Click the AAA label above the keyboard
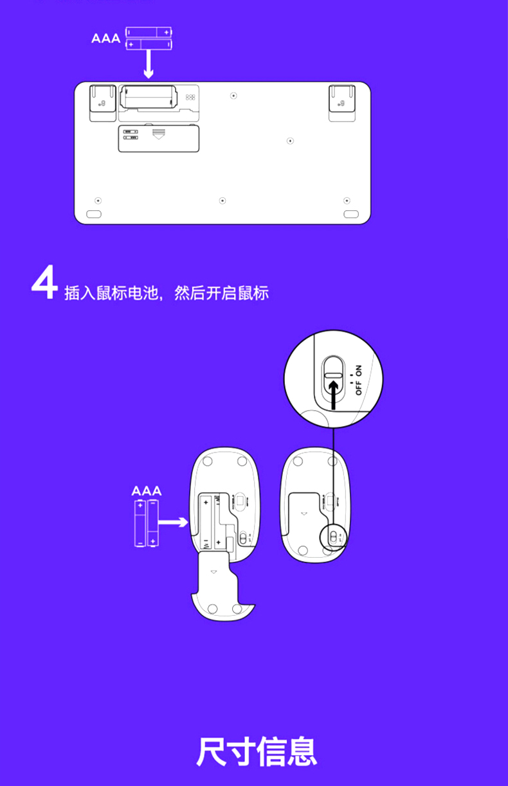click(105, 39)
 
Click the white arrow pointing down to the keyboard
click(148, 65)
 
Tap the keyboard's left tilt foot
click(102, 102)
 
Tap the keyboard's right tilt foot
click(342, 102)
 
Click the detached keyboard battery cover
click(158, 138)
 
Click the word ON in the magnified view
click(358, 370)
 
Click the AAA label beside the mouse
click(146, 492)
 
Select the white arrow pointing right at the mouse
click(172, 523)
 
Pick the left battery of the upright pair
click(140, 524)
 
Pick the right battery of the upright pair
click(153, 524)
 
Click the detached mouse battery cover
click(219, 587)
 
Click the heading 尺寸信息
click(256, 753)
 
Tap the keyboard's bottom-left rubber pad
click(94, 213)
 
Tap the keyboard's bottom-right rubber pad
click(350, 213)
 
